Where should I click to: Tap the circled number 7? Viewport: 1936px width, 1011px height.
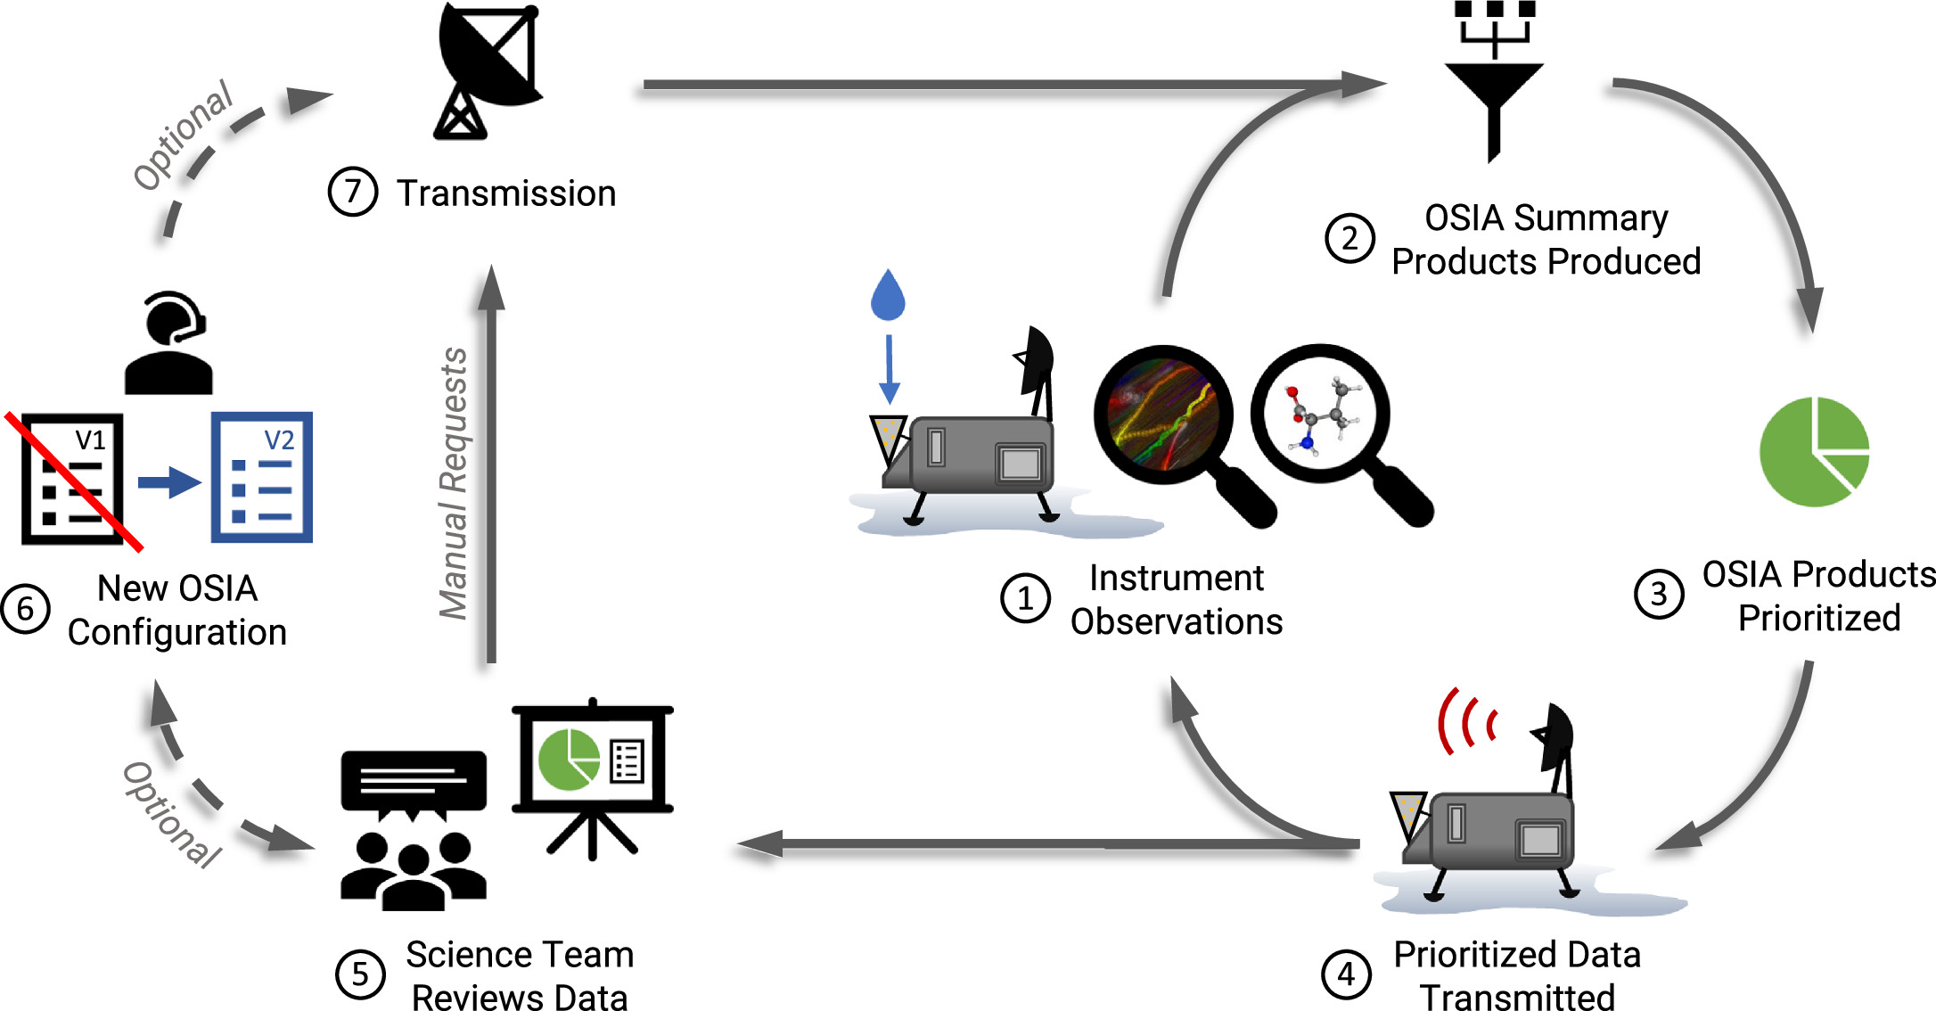pyautogui.click(x=353, y=192)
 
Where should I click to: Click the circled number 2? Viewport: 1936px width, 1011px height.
pyautogui.click(x=1349, y=239)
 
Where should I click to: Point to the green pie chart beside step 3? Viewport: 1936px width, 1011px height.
pyautogui.click(x=1813, y=452)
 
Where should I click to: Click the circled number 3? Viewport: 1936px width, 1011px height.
pyautogui.click(x=1658, y=595)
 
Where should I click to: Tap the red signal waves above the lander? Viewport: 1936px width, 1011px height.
pyautogui.click(x=1466, y=720)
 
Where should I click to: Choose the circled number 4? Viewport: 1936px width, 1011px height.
pyautogui.click(x=1346, y=974)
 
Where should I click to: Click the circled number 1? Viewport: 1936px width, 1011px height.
pyautogui.click(x=1025, y=598)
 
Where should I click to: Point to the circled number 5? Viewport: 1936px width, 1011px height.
pyautogui.click(x=360, y=974)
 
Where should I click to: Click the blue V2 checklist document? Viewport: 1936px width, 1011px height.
pyautogui.click(x=262, y=477)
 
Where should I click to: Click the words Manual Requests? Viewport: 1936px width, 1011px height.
pyautogui.click(x=455, y=483)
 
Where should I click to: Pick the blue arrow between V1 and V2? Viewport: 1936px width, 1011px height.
pyautogui.click(x=169, y=482)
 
